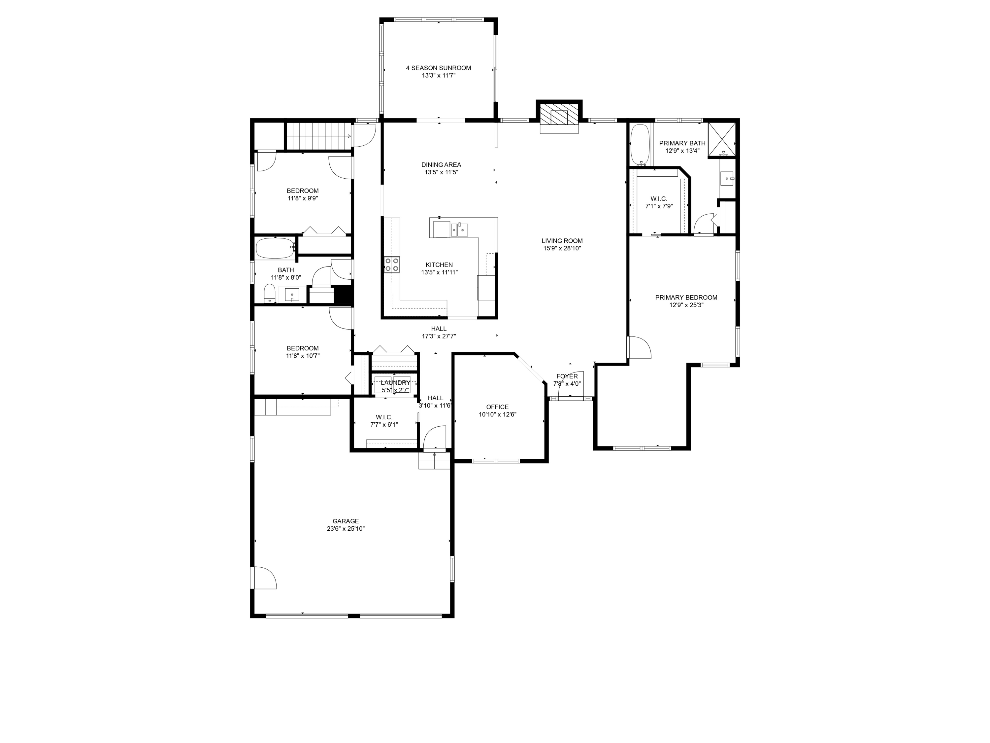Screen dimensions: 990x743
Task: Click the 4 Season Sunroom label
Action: pos(438,68)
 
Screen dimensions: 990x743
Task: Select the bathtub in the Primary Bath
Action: pos(640,144)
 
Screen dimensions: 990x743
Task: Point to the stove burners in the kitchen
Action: pos(392,265)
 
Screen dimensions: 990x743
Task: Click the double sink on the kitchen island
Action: pos(459,229)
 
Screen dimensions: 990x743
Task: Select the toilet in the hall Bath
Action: pos(269,294)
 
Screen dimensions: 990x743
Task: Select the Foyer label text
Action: pos(567,376)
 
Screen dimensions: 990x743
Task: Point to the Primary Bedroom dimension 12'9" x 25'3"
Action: pos(686,305)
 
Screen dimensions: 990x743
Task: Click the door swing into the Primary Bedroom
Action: pos(640,347)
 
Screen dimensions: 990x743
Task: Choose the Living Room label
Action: pos(562,241)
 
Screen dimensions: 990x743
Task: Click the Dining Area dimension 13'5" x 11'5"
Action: pos(441,172)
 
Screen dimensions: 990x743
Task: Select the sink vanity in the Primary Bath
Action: pos(727,179)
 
